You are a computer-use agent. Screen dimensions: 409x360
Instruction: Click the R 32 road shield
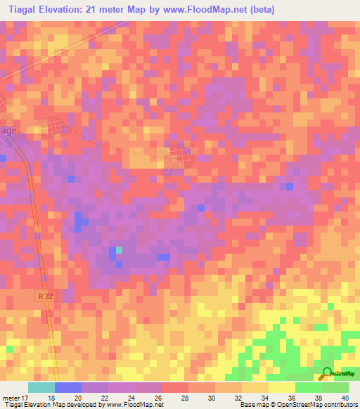coord(46,297)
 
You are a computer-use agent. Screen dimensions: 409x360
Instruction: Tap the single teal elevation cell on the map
coord(119,250)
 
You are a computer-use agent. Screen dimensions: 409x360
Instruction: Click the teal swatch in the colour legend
coord(41,387)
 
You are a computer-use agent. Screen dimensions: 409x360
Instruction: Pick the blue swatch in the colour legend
coord(68,387)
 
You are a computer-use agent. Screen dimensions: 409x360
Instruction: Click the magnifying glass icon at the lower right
coord(326,374)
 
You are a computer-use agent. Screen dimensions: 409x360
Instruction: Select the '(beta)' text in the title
coord(259,10)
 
